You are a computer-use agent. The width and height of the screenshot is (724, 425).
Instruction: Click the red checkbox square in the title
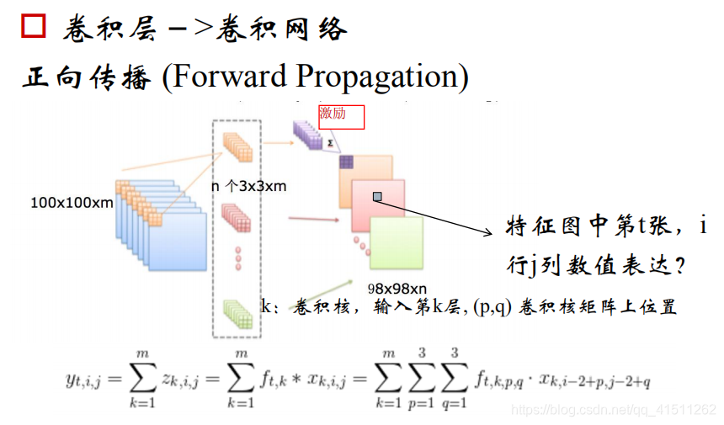point(34,27)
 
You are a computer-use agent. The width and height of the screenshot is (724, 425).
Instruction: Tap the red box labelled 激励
point(341,116)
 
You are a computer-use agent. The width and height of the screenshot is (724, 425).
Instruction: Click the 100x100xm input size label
point(72,203)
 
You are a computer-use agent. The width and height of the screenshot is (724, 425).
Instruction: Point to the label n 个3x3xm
point(248,186)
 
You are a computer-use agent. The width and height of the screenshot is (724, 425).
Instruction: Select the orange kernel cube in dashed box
point(238,147)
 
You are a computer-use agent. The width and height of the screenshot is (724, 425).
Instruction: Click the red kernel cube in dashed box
point(238,218)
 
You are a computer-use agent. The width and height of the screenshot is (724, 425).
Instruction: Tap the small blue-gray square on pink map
point(377,197)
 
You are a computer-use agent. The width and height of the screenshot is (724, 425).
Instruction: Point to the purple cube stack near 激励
point(307,135)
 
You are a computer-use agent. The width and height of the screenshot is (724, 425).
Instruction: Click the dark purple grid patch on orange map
point(346,162)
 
